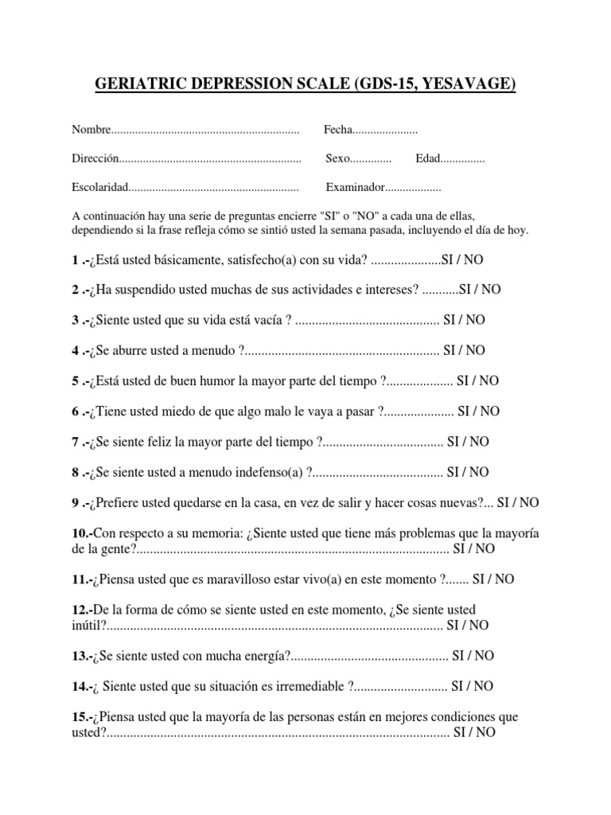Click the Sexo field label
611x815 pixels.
coord(338,159)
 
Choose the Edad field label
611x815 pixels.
coord(427,159)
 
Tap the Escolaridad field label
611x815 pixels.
coord(99,189)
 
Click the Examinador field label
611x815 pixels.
coord(355,189)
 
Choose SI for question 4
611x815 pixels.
coord(450,350)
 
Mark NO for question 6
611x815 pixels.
coord(489,411)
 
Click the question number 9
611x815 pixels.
coord(75,503)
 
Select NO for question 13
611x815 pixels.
coord(484,655)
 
